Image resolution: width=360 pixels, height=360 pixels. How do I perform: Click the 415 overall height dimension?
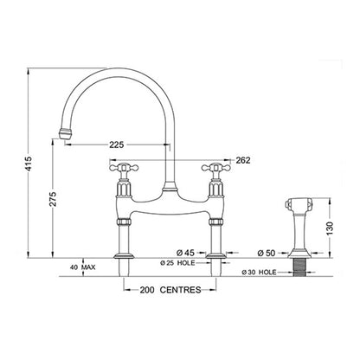(29, 164)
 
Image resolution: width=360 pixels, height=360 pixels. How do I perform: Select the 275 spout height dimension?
(53, 198)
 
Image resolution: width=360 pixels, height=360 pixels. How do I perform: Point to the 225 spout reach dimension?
(117, 145)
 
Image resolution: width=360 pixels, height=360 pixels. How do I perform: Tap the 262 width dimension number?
(243, 160)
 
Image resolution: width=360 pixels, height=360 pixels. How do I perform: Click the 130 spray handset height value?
(330, 228)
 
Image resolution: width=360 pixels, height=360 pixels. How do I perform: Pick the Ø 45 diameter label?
(186, 253)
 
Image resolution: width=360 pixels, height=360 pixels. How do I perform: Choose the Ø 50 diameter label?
(267, 253)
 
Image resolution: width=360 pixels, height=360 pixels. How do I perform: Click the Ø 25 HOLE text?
(177, 263)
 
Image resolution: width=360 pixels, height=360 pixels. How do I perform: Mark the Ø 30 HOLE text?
(260, 272)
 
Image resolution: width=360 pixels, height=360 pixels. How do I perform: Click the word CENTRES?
(180, 290)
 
